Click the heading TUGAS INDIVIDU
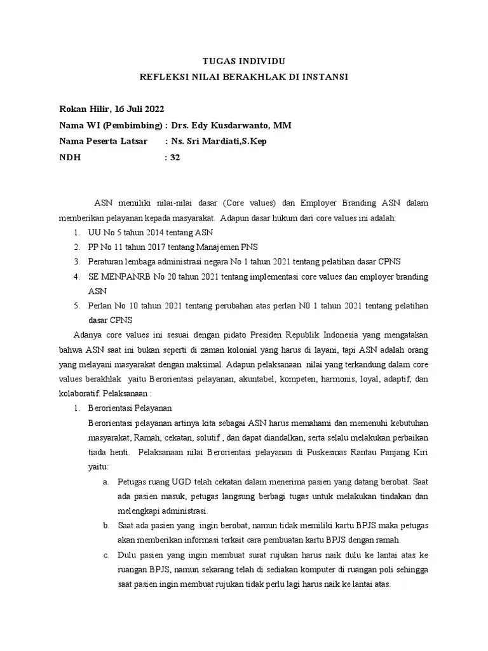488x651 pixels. pos(244,62)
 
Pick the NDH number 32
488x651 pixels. pos(175,157)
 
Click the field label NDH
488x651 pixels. pos(70,157)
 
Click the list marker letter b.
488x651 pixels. pos(105,526)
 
